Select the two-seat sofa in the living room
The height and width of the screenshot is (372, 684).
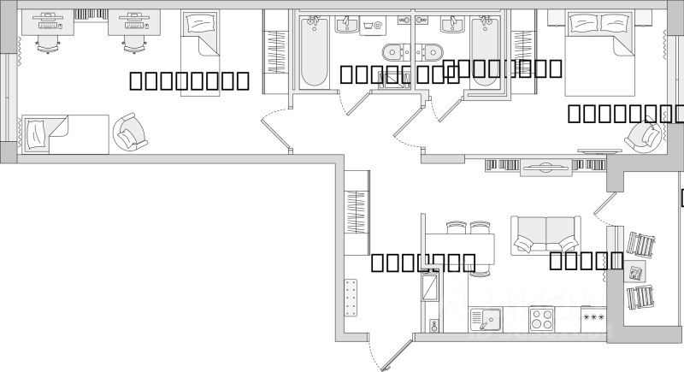point(545,235)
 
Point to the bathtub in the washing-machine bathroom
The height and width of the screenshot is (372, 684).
point(313,51)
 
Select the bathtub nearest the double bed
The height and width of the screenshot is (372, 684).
point(485,51)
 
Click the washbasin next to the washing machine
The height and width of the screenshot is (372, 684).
point(346,24)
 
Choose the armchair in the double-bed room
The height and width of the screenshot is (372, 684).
point(642,135)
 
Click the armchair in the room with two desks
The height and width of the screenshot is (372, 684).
point(130,133)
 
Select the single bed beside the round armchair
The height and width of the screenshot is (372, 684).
point(63,134)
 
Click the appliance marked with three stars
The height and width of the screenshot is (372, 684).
point(593,318)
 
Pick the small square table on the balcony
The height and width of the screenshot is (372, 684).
point(636,272)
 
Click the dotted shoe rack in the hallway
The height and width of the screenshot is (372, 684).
point(350,298)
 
